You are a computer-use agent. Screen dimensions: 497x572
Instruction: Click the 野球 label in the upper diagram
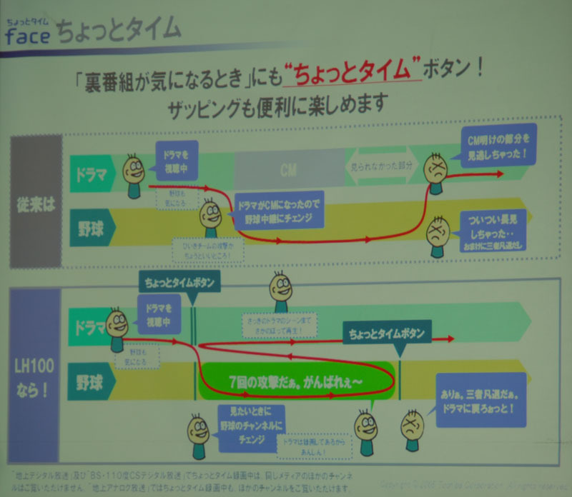94,229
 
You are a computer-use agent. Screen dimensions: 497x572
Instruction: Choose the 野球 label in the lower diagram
92,382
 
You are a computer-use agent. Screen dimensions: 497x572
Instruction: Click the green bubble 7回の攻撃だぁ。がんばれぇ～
296,381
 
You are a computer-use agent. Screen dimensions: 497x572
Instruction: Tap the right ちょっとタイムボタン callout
387,333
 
